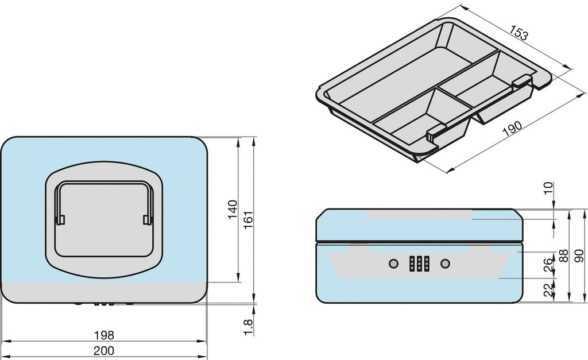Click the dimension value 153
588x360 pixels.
tap(519, 33)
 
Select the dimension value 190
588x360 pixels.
tap(512, 128)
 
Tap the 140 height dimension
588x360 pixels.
tap(233, 210)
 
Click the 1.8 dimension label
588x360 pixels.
tap(248, 327)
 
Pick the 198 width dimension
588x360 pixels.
tap(104, 335)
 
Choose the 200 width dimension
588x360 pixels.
tap(104, 351)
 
